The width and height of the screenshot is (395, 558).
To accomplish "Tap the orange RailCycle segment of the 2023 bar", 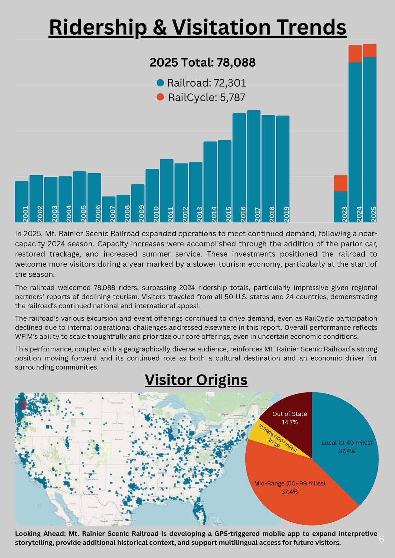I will (x=341, y=183).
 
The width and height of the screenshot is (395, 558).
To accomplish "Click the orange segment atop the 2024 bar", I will (x=355, y=54).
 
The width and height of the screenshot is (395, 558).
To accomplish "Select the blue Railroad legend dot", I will (x=160, y=83).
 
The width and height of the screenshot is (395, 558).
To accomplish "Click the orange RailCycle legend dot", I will (x=160, y=97).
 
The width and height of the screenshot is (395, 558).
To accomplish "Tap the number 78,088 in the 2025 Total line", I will (x=236, y=63).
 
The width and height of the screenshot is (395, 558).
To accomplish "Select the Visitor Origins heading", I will (x=196, y=380).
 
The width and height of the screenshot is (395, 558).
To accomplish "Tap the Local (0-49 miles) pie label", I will (x=347, y=443).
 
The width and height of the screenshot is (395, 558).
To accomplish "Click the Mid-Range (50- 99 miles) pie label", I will (x=289, y=483).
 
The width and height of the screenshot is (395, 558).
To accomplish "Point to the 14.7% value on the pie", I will (x=290, y=422).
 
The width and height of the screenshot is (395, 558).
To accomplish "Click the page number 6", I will (x=381, y=539).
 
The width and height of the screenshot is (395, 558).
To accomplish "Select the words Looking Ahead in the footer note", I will (x=35, y=534).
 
